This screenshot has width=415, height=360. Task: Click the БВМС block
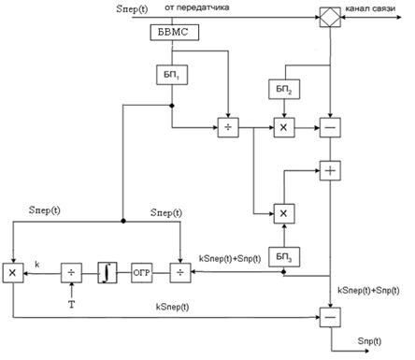pyautogui.click(x=175, y=33)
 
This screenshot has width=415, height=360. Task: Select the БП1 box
pyautogui.click(x=172, y=75)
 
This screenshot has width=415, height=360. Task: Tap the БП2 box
pyautogui.click(x=284, y=90)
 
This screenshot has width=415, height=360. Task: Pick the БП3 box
pyautogui.click(x=284, y=257)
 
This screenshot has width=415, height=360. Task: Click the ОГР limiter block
pyautogui.click(x=142, y=273)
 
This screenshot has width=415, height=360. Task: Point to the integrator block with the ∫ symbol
pyautogui.click(x=107, y=273)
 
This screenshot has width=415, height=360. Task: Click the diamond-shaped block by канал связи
pyautogui.click(x=330, y=17)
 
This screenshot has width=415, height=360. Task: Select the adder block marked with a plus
pyautogui.click(x=330, y=171)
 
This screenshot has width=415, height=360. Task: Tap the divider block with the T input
pyautogui.click(x=71, y=273)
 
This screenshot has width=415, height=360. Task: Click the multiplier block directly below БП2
pyautogui.click(x=284, y=127)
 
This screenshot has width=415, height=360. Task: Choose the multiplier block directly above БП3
pyautogui.click(x=284, y=213)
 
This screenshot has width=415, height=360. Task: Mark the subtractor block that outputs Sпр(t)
pyautogui.click(x=330, y=317)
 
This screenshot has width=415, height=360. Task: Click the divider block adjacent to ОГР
pyautogui.click(x=180, y=273)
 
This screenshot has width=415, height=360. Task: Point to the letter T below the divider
pyautogui.click(x=72, y=304)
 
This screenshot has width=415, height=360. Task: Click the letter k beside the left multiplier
pyautogui.click(x=37, y=265)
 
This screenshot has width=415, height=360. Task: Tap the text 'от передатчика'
pyautogui.click(x=197, y=7)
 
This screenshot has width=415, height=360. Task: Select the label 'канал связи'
pyautogui.click(x=370, y=8)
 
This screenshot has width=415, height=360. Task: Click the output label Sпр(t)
pyautogui.click(x=369, y=341)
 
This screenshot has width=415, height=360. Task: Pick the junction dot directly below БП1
pyautogui.click(x=172, y=106)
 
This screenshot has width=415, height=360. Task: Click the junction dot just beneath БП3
pyautogui.click(x=284, y=272)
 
